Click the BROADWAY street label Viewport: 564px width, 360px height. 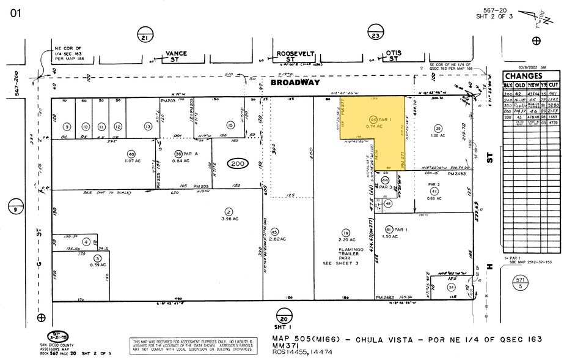[295, 82]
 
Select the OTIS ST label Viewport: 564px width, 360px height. [393, 56]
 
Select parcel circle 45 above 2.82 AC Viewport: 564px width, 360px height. [274, 231]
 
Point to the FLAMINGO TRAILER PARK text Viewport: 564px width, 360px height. [345, 254]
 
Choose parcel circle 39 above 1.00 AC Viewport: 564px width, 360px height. [438, 127]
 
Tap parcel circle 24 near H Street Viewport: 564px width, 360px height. [451, 286]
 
